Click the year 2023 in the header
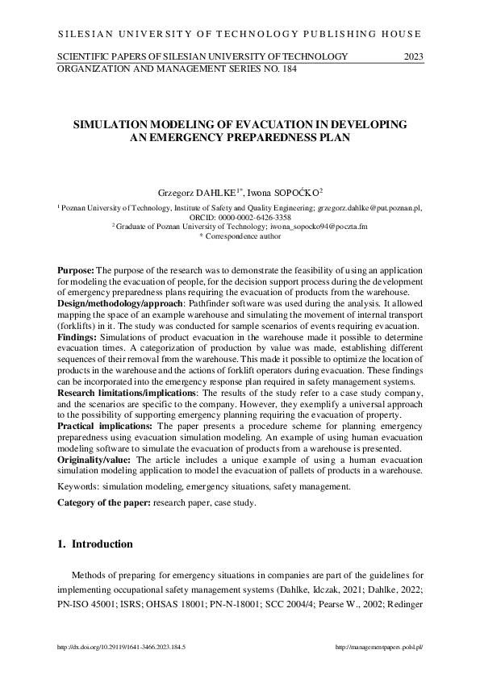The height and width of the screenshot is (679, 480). [x=412, y=56]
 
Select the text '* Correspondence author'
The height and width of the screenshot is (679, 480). [x=240, y=236]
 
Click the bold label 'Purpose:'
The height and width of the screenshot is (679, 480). [x=76, y=269]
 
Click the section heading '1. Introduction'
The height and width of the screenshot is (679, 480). [x=95, y=544]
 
